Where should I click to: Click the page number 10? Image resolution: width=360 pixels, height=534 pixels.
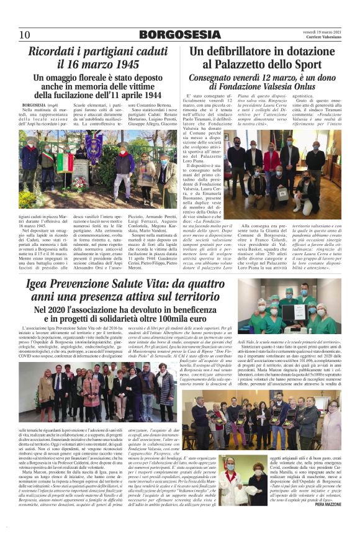pos(24,35)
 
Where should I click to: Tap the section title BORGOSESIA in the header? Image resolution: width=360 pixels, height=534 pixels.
pos(179,35)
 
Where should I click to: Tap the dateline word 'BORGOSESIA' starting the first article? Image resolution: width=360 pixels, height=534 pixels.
pos(43,106)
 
